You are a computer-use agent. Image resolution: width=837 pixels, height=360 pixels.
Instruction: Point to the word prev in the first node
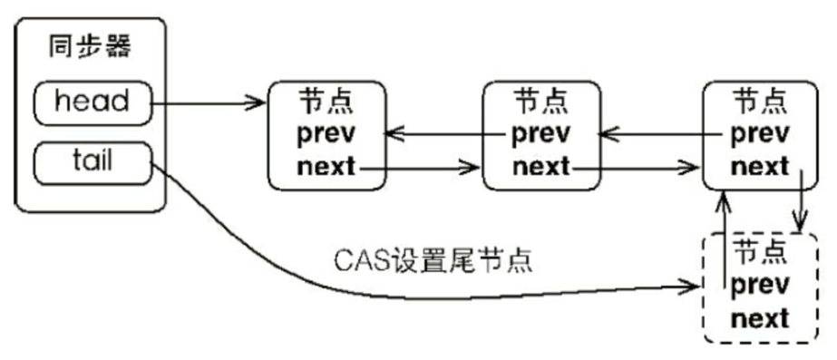click(x=327, y=134)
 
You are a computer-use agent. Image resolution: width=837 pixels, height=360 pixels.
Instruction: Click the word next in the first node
click(x=326, y=167)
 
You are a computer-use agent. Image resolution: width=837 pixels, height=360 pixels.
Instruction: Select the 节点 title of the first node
click(x=327, y=102)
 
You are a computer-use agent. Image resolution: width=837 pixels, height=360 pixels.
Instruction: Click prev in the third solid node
click(x=759, y=134)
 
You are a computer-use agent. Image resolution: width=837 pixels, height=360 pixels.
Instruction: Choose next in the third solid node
click(x=759, y=167)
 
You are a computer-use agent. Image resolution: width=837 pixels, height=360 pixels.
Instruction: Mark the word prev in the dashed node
click(x=759, y=285)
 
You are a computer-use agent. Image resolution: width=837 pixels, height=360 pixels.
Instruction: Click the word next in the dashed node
click(x=759, y=318)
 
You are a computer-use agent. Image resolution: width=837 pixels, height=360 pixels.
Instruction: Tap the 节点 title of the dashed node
click(x=759, y=251)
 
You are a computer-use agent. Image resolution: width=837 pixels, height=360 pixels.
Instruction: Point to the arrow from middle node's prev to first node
click(x=444, y=135)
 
